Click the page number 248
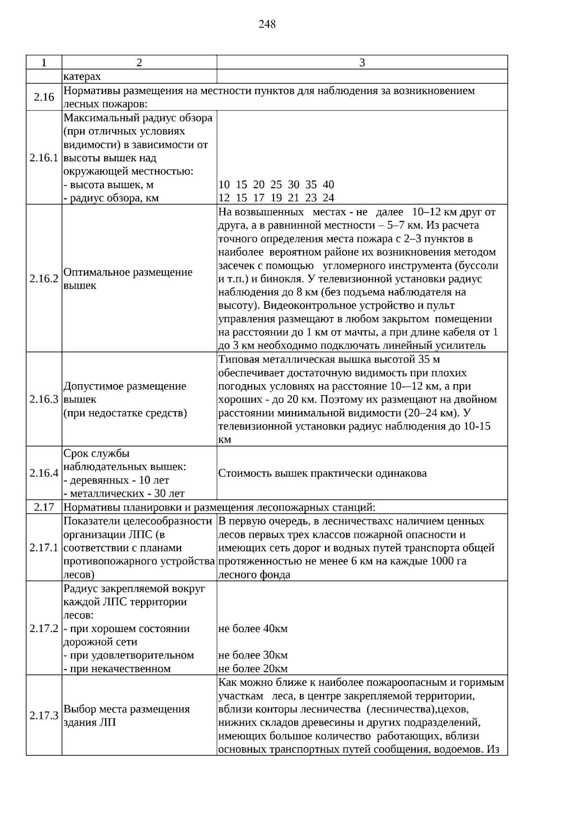pyautogui.click(x=267, y=24)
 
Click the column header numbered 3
pyautogui.click(x=362, y=62)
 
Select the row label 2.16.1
pyautogui.click(x=44, y=158)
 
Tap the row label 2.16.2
pyautogui.click(x=44, y=279)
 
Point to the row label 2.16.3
pyautogui.click(x=44, y=399)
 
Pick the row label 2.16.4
pyautogui.click(x=44, y=473)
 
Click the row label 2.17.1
pyautogui.click(x=44, y=548)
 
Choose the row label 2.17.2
pyautogui.click(x=44, y=628)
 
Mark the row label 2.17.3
pyautogui.click(x=44, y=716)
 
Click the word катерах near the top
pyautogui.click(x=82, y=76)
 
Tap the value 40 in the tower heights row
pyautogui.click(x=328, y=184)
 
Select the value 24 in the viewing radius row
pyautogui.click(x=328, y=197)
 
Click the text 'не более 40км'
pyautogui.click(x=253, y=629)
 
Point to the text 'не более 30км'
pyautogui.click(x=253, y=655)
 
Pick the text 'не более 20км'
pyautogui.click(x=253, y=669)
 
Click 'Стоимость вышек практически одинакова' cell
pyautogui.click(x=323, y=473)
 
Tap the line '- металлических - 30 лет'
pyautogui.click(x=124, y=493)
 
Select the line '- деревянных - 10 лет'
pyautogui.click(x=116, y=480)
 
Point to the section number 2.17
pyautogui.click(x=44, y=507)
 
